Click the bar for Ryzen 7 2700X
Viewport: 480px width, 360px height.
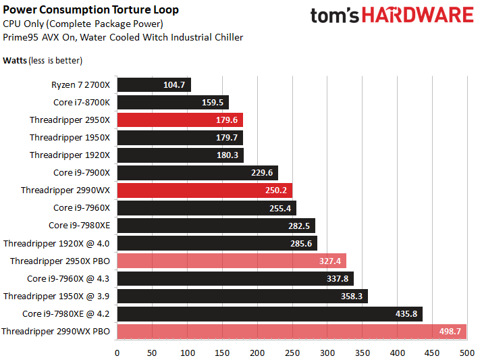click(x=154, y=85)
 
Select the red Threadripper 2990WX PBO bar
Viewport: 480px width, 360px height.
click(x=291, y=331)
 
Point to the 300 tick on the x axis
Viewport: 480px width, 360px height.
click(x=327, y=352)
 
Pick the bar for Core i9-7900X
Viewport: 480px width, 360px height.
click(x=197, y=173)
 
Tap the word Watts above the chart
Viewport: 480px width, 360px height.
click(x=16, y=60)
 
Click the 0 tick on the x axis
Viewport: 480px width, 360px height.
click(x=117, y=352)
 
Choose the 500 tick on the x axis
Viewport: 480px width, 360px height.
click(x=466, y=352)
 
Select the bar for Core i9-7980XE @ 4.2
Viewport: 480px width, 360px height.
click(x=269, y=313)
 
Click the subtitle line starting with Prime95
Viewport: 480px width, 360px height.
click(x=123, y=37)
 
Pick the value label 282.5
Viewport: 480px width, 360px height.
click(x=299, y=226)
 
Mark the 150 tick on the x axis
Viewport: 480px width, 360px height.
click(x=222, y=352)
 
